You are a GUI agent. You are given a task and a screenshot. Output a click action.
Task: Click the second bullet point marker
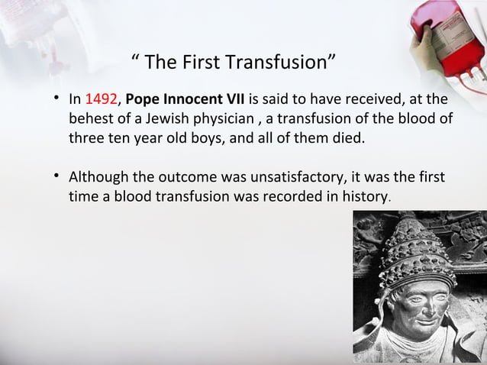(x=56, y=178)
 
